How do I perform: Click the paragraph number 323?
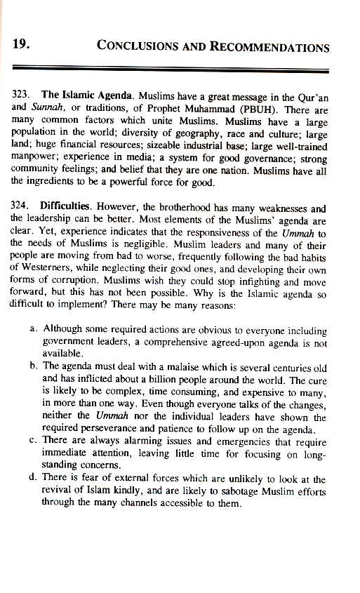click(x=25, y=93)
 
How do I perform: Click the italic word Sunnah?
click(x=47, y=105)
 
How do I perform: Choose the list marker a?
click(x=35, y=328)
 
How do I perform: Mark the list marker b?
click(x=35, y=366)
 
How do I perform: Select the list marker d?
click(x=35, y=479)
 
